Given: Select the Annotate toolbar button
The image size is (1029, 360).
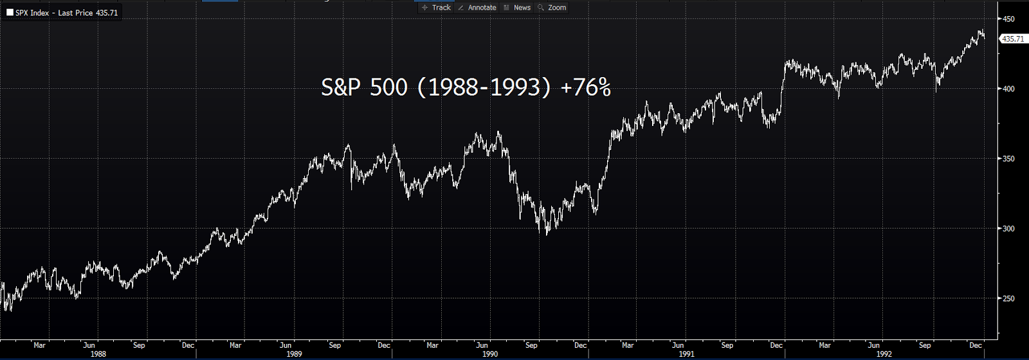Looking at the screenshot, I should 477,8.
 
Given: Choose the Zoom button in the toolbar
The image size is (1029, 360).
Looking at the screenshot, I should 552,8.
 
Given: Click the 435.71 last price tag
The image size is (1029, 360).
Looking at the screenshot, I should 1013,39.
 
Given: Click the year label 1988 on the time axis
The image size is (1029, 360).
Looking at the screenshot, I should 98,354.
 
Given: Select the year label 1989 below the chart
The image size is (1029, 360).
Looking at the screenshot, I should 294,354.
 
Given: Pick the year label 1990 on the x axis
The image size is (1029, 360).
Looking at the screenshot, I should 490,354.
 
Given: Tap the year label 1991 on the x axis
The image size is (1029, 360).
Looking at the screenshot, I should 686,354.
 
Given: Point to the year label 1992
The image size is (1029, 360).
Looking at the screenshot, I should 884,354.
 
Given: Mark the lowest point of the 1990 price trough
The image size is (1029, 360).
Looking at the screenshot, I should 547,235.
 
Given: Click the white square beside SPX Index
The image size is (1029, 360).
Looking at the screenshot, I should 10,13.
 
